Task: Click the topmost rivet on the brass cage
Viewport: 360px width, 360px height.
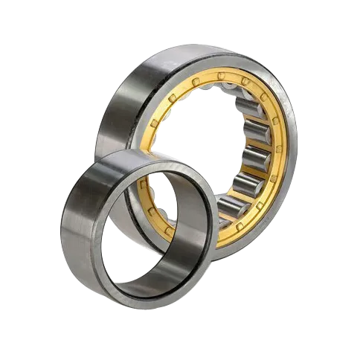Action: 223,75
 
